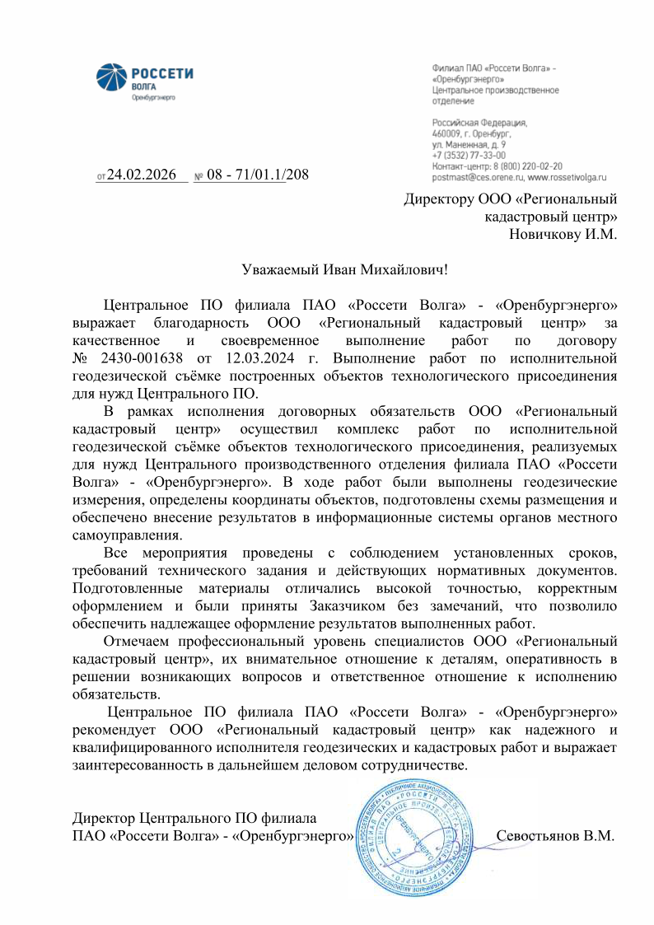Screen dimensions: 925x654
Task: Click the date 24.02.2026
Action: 142,175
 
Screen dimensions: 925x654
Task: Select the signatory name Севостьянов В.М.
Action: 555,836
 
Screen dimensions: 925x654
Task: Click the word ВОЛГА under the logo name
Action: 143,86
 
